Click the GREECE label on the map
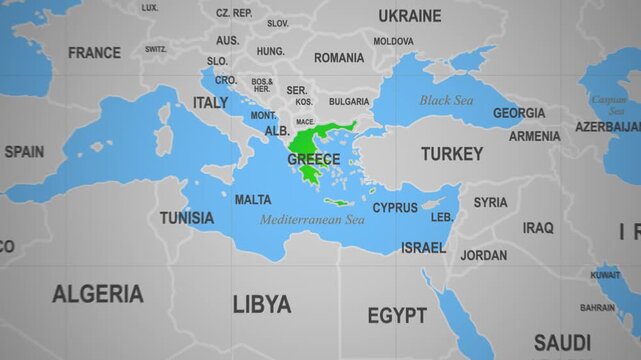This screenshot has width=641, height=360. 313,159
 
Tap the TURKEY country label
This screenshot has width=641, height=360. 451,154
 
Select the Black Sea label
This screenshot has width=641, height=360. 446,100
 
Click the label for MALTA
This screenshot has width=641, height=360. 252,200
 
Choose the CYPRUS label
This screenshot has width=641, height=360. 395,208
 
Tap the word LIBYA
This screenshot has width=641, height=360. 262,304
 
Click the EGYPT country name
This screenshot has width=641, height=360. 397,316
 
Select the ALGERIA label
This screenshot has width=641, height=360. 98,294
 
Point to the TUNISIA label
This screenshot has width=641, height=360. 186,217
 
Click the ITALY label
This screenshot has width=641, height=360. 210,103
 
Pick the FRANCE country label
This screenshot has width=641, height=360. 94,52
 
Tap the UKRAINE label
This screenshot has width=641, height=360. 409,16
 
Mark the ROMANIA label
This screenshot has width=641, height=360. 339,58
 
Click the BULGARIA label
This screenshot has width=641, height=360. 349,101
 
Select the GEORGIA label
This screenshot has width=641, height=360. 519,113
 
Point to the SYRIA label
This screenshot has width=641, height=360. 490,202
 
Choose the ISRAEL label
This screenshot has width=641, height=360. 423,247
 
